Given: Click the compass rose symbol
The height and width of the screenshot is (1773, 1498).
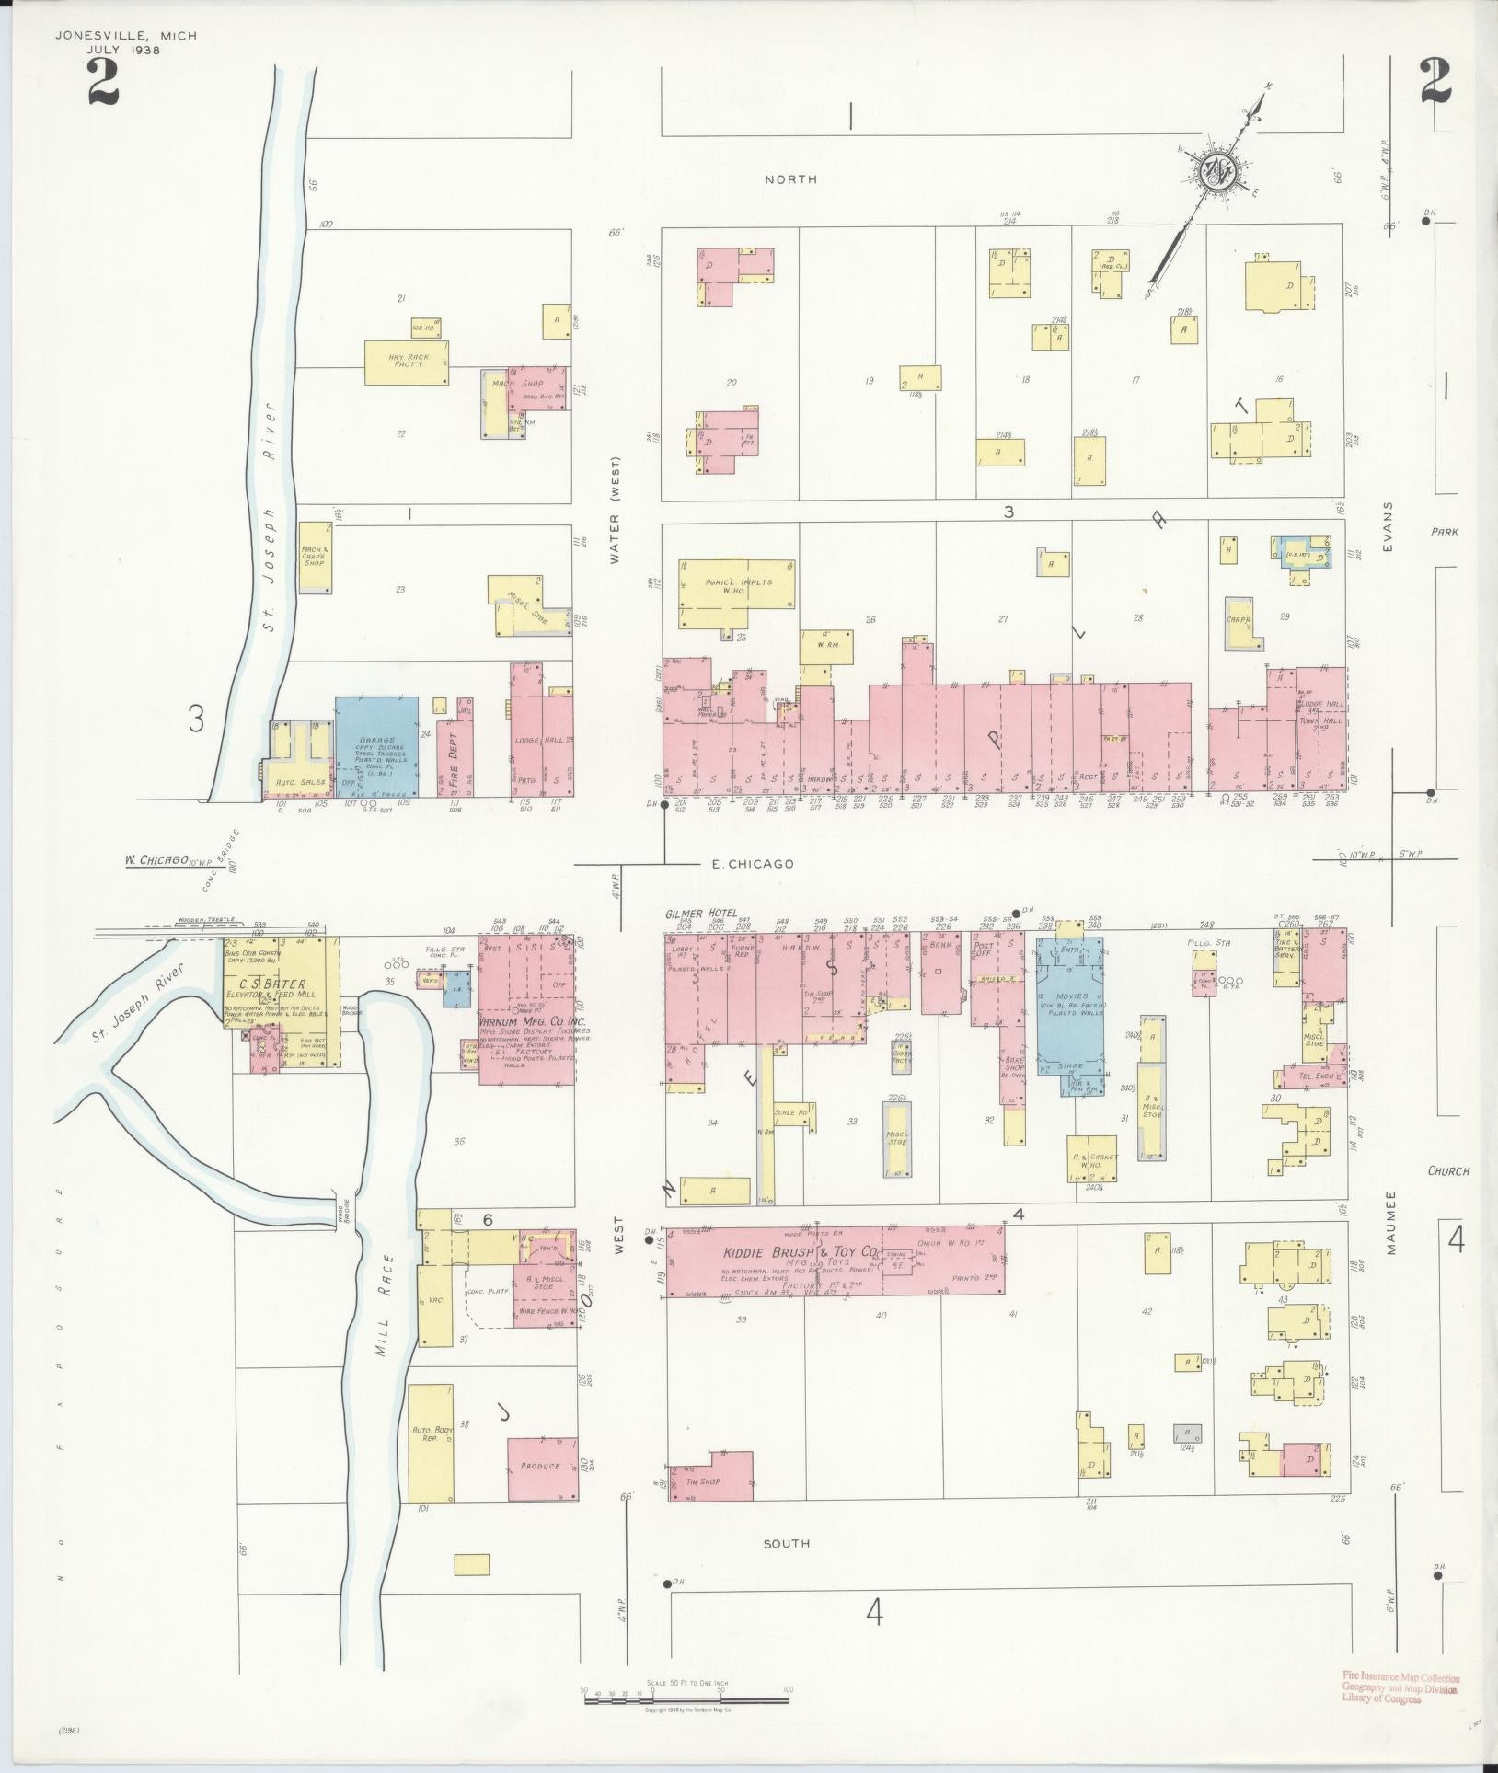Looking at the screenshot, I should coord(1216,169).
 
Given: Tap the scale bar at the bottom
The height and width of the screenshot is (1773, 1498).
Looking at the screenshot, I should coord(686,1692).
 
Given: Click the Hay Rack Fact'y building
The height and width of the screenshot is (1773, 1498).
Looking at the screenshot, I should coord(407,363).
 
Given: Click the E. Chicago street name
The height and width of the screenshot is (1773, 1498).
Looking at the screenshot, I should coord(753,864).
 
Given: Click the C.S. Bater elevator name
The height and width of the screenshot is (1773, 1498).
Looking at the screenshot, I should coord(281,984).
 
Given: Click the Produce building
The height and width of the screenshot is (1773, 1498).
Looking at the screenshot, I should coord(542,1468).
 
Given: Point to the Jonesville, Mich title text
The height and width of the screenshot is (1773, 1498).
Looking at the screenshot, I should coord(126,36).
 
